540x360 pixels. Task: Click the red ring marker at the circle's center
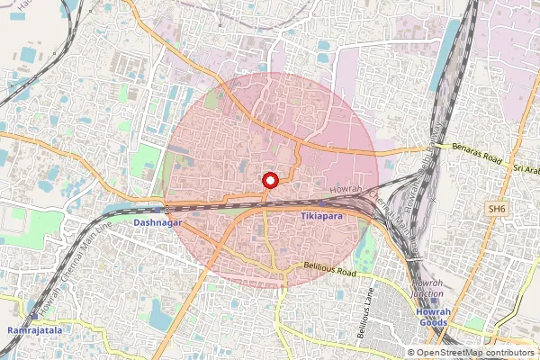coord(267,180)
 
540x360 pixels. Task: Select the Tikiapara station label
coord(323,217)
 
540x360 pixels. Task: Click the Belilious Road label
coord(329,272)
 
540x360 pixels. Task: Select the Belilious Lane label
coord(367,310)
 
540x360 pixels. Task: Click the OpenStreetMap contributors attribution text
coord(475,353)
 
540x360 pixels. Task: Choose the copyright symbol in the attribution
coord(410,353)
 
